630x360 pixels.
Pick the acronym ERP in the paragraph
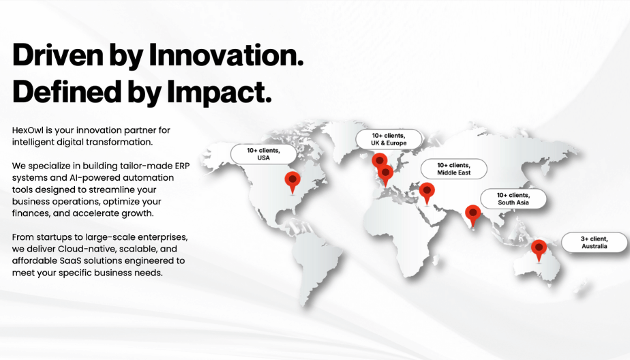(182, 166)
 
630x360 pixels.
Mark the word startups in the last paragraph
(53, 237)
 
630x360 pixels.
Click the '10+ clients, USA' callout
(264, 154)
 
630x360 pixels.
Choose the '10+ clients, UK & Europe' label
(389, 139)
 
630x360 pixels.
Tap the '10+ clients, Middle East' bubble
(454, 169)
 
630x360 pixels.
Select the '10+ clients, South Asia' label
(513, 199)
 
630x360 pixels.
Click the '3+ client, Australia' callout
(595, 243)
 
